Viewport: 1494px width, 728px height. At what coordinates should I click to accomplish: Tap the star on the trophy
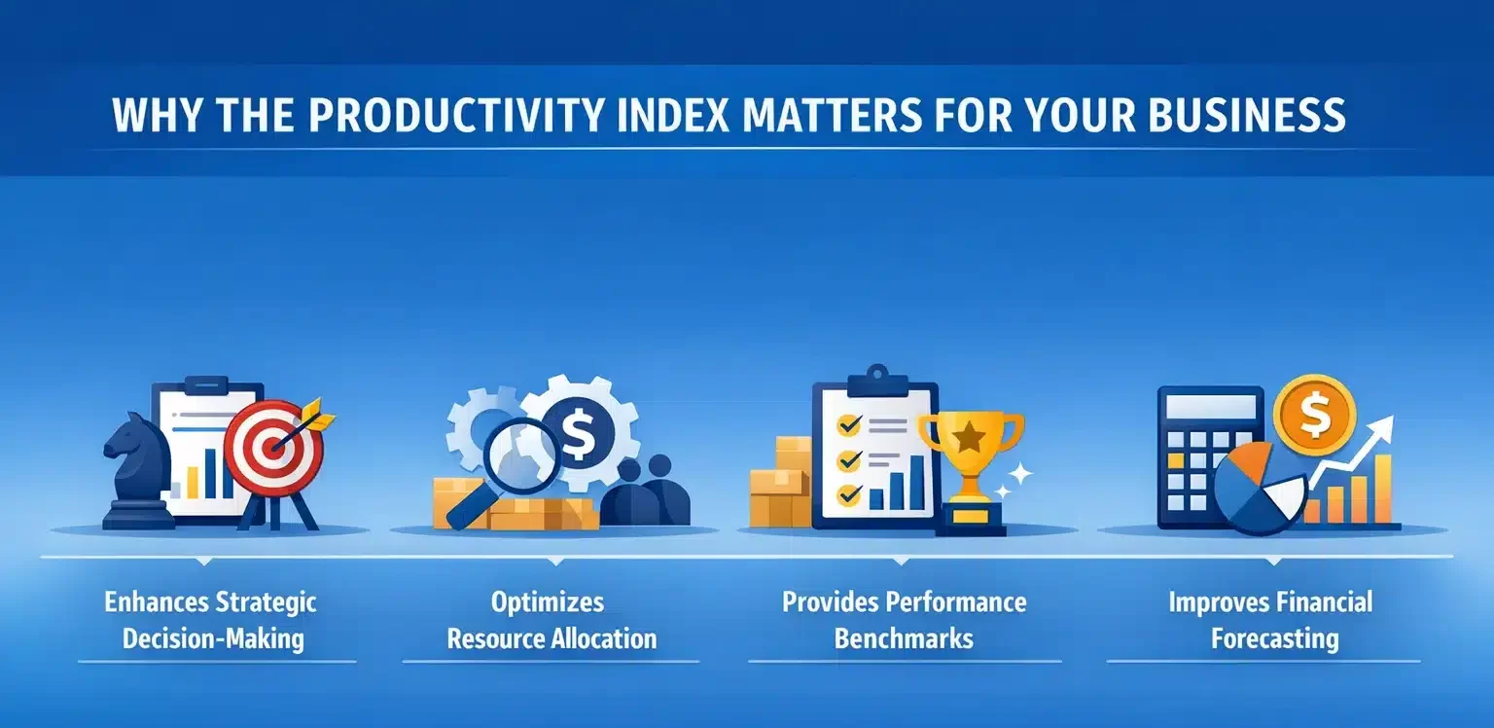[x=971, y=437]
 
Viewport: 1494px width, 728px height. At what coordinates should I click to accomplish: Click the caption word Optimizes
[x=547, y=601]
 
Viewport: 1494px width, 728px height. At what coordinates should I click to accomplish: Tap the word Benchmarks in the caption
[x=904, y=638]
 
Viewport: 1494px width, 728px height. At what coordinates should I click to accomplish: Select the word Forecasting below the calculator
[x=1274, y=638]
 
